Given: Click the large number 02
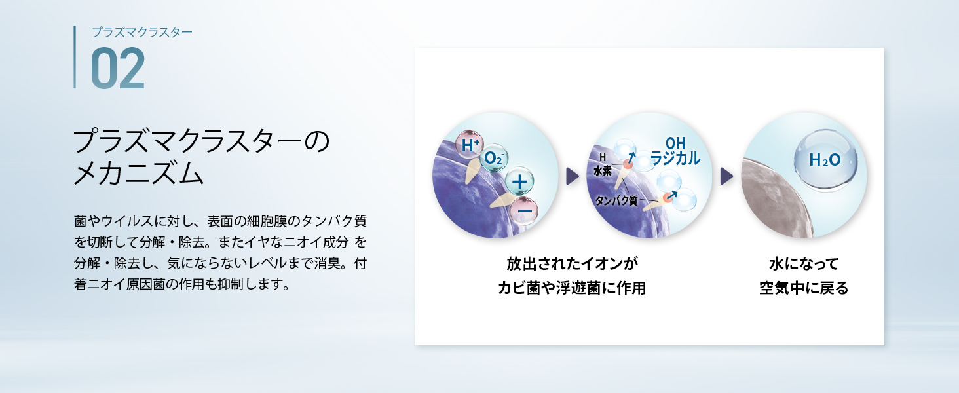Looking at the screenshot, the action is pos(118,68).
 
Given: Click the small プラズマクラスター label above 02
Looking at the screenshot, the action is pos(142,32).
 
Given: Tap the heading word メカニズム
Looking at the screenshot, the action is pos(138,173).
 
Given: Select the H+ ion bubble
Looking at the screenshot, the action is pos(469,145).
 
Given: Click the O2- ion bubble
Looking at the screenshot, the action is pos(494,158).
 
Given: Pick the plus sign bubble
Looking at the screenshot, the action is pos(519,181).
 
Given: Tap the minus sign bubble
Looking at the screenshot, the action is pos(524,211).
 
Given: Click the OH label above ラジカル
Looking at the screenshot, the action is pos(675,143).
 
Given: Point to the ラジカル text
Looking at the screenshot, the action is pos(675,158).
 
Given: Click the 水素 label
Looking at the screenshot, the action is pos(603,171).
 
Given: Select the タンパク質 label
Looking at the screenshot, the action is pos(616,200).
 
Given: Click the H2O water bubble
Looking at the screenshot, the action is pos(825,160).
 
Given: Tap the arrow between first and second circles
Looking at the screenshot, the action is pos(572,176).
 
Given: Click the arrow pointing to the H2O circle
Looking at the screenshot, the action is pos(726,176).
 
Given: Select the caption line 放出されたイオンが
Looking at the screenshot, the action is pos(572,263).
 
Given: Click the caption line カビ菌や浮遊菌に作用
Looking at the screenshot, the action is pos(572,288).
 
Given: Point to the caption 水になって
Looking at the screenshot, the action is pos(804,263).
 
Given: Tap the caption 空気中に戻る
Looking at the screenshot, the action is pos(804,288).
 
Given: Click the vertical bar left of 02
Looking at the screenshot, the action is pos(75,57).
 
